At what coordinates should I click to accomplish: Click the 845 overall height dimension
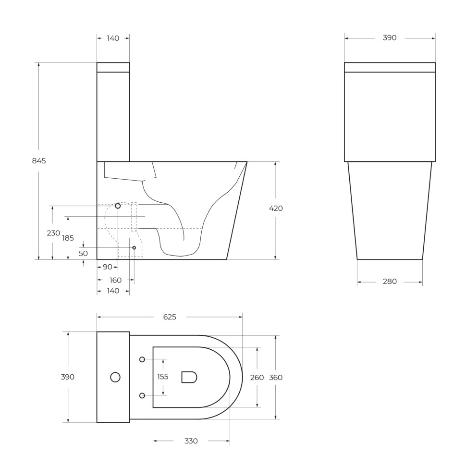[39, 161]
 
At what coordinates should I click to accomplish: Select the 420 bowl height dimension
[276, 208]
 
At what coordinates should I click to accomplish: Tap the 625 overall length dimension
[170, 317]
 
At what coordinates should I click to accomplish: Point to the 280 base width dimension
[390, 282]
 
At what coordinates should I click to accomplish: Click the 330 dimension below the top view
[191, 441]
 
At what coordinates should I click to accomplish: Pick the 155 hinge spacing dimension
[163, 377]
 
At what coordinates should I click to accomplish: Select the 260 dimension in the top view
[257, 378]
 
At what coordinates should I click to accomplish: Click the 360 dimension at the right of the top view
[276, 378]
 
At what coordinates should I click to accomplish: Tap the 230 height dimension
[53, 233]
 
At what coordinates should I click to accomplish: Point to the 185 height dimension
[68, 238]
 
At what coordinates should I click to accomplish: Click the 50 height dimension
[83, 253]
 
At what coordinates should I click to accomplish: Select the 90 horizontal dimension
[107, 267]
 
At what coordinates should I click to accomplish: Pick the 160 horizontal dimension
[115, 280]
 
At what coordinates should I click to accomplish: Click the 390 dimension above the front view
[390, 38]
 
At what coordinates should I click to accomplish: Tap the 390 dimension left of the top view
[68, 377]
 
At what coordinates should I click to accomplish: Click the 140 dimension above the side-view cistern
[113, 38]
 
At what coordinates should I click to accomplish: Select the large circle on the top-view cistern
[115, 377]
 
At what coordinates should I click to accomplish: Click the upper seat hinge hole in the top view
[142, 359]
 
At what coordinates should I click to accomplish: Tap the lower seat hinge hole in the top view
[142, 395]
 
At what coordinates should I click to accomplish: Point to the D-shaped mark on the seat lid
[189, 377]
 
